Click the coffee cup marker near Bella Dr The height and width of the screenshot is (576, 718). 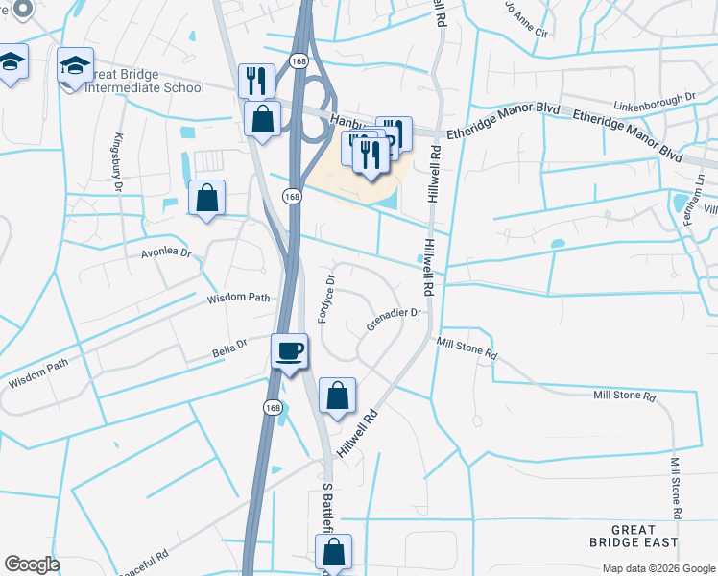[290, 350]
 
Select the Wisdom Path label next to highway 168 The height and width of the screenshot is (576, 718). [240, 298]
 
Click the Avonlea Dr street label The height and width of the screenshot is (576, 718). [167, 255]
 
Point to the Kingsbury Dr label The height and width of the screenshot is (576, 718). [121, 163]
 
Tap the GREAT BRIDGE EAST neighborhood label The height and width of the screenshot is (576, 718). [634, 536]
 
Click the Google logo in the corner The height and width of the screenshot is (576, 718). [32, 564]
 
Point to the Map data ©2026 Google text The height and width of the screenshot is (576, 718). [658, 568]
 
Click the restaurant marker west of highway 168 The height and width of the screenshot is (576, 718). [256, 81]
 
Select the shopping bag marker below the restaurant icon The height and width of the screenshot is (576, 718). [262, 120]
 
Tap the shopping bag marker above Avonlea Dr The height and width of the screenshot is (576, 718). [206, 198]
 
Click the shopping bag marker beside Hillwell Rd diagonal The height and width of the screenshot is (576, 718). [337, 396]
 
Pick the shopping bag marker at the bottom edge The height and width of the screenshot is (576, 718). [333, 552]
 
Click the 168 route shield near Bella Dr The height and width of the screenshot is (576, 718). [273, 407]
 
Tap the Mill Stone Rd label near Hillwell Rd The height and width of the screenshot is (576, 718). [467, 348]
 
